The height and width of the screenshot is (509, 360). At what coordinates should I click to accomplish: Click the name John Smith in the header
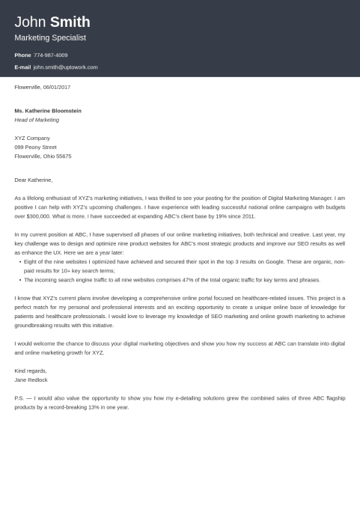click(x=52, y=22)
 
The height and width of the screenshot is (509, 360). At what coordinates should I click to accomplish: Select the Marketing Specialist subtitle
click(x=50, y=37)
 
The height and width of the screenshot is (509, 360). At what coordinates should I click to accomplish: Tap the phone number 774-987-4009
click(x=50, y=55)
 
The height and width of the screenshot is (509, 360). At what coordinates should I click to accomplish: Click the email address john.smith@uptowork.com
click(x=65, y=67)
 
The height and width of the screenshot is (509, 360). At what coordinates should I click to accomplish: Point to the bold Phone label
click(x=22, y=55)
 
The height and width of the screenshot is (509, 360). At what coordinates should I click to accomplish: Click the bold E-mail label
click(x=22, y=67)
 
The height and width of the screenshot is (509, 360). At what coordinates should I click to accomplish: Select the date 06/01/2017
click(x=58, y=88)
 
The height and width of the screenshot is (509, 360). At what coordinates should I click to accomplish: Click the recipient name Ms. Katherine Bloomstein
click(x=48, y=111)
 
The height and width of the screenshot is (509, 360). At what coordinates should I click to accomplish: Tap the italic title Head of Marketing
click(x=37, y=120)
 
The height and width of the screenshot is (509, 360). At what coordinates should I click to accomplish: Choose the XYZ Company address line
click(x=32, y=138)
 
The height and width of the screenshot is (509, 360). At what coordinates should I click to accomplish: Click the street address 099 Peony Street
click(x=35, y=147)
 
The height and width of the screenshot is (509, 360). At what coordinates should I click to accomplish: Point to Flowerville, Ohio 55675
click(x=43, y=156)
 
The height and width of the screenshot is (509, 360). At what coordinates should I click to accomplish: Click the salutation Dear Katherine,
click(x=34, y=180)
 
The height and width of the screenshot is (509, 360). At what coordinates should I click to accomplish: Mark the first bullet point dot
click(x=20, y=262)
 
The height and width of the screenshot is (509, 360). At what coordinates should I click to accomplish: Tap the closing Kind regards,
click(x=31, y=371)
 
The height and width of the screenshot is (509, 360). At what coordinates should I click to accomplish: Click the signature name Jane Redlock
click(x=31, y=380)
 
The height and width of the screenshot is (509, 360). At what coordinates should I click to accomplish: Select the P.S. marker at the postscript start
click(x=19, y=398)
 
